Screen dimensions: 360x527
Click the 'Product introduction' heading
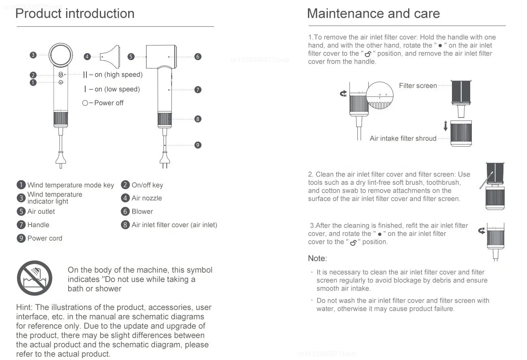[x=75, y=14]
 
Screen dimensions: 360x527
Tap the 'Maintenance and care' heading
[x=373, y=14]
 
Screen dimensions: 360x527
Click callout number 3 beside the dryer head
[x=33, y=55]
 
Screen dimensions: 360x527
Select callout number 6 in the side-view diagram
[x=198, y=56]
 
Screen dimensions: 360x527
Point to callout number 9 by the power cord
[x=198, y=145]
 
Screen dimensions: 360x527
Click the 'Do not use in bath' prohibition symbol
[x=34, y=278]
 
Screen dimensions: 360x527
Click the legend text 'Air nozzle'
[x=146, y=198]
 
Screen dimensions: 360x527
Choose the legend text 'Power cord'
[x=45, y=238]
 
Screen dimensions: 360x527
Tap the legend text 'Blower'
[x=142, y=211]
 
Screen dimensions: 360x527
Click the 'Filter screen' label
[x=418, y=86]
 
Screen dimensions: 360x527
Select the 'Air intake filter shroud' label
[x=403, y=138]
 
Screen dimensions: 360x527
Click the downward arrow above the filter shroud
[x=445, y=127]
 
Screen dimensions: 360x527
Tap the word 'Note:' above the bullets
[x=317, y=259]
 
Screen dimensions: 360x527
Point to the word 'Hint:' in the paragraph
[x=25, y=307]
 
